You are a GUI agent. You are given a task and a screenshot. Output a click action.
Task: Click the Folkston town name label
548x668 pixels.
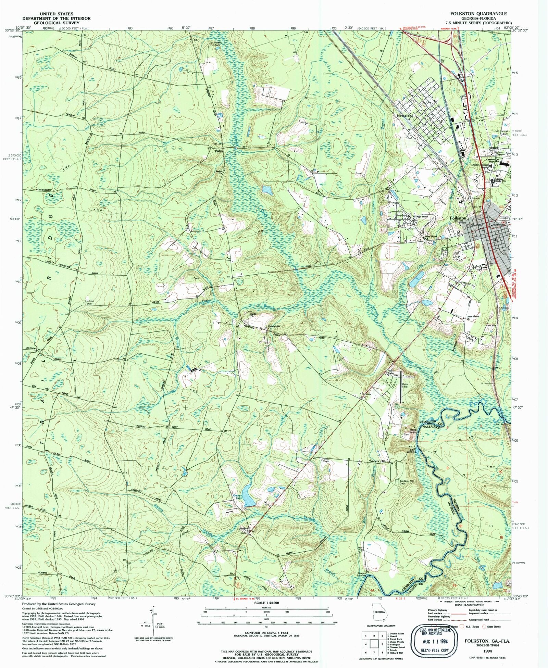[x=458, y=218]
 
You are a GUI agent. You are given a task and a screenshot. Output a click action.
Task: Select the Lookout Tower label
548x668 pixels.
[x=89, y=302]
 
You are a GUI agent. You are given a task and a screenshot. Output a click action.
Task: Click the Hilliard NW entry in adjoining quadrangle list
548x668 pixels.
[x=397, y=653]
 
